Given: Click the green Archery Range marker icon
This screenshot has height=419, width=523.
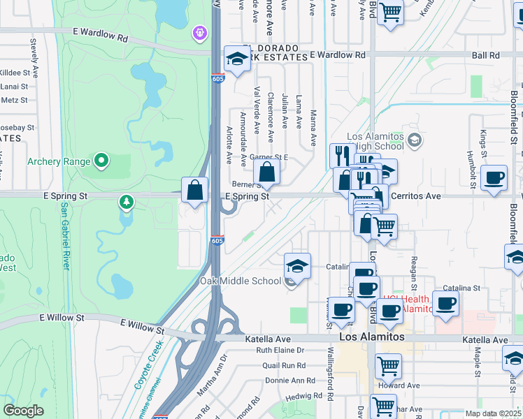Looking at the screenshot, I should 102,161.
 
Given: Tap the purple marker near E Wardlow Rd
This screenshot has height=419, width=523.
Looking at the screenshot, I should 200,32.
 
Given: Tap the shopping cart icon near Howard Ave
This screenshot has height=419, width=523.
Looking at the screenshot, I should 387,365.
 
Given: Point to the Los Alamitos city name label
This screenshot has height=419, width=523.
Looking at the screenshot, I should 372,337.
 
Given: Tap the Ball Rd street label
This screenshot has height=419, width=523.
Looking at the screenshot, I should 485,54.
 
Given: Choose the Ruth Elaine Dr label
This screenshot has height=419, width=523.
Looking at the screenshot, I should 280,350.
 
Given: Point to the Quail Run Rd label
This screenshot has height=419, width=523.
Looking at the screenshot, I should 280,365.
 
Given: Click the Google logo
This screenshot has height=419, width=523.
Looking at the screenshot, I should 24,411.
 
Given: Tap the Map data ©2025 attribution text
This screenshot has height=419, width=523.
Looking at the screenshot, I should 492,413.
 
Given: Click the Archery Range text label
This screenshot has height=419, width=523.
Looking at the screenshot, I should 59,161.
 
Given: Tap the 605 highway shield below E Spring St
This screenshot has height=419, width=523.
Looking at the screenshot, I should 217,240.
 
